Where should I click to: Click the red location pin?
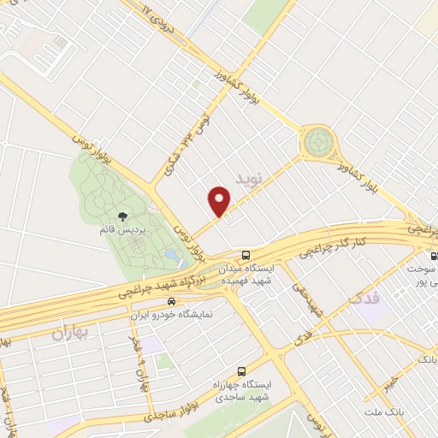220,201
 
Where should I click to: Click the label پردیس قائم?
120,231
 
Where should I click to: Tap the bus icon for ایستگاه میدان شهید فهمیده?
246,255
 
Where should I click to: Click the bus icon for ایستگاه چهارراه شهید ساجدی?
242,371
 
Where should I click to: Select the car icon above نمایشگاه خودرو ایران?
172,301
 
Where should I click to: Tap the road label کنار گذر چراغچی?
334,244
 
